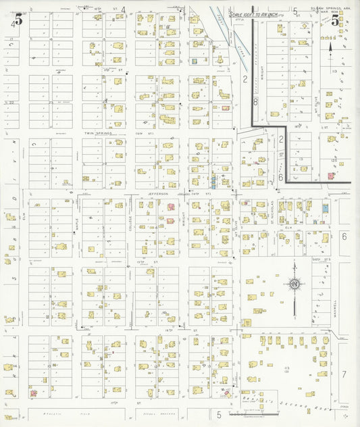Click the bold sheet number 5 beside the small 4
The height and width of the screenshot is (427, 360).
(x=18, y=19)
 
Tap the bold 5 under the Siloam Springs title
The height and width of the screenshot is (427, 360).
(x=335, y=20)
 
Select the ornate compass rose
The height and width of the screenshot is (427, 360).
(x=294, y=284)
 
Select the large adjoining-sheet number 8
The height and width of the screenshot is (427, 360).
(x=255, y=101)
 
